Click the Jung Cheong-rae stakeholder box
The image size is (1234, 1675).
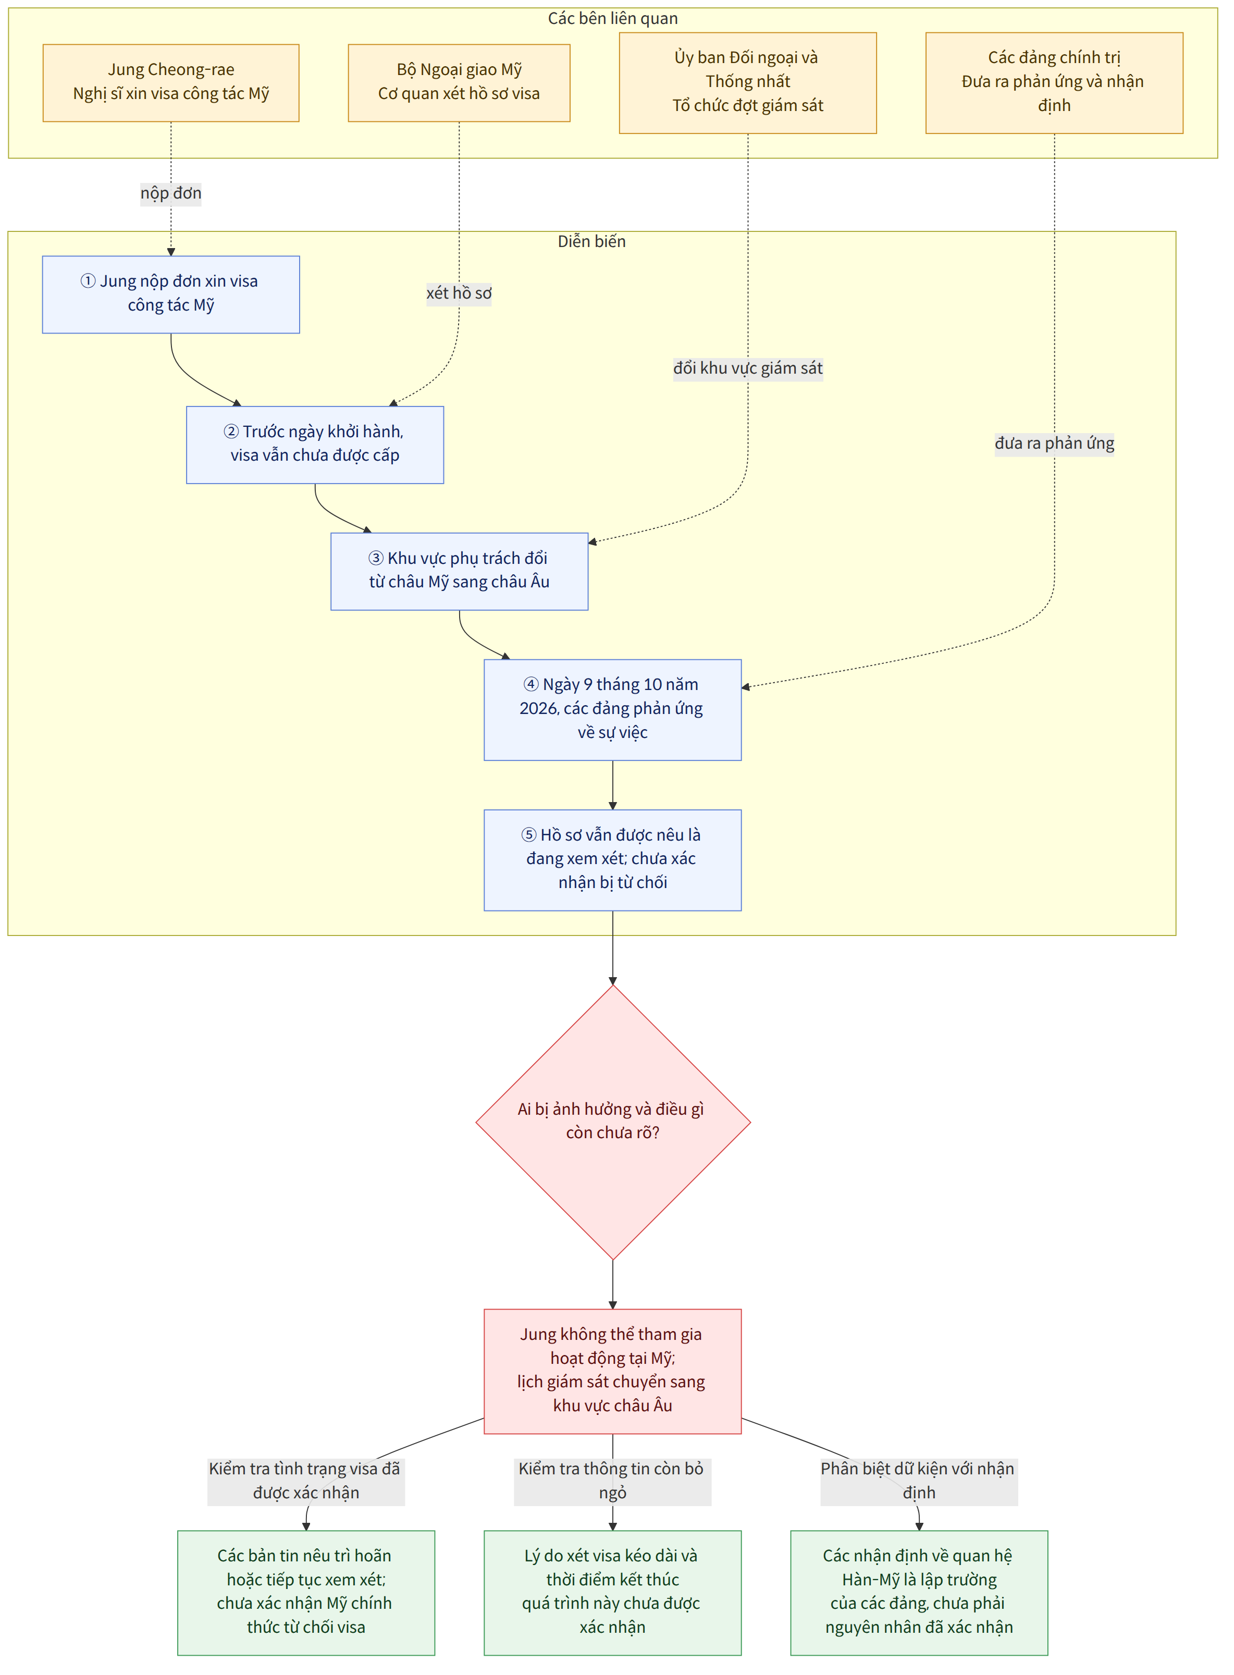tap(171, 83)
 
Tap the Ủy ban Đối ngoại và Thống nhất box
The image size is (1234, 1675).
tap(748, 83)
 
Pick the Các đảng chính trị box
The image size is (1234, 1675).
tap(1054, 83)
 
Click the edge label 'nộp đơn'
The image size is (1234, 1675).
tap(171, 193)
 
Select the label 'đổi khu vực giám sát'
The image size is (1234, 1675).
tap(748, 368)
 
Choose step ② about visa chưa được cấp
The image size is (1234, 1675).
tap(315, 445)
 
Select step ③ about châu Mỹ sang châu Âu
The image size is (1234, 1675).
tap(460, 572)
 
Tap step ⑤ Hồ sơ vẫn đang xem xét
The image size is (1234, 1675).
tap(612, 860)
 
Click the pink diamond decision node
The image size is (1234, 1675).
tap(612, 1122)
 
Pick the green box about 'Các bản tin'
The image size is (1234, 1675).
tap(306, 1593)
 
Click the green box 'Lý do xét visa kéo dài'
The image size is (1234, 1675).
tap(612, 1593)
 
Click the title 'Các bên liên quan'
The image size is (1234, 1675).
tap(612, 19)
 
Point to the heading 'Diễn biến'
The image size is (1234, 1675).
tap(591, 241)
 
